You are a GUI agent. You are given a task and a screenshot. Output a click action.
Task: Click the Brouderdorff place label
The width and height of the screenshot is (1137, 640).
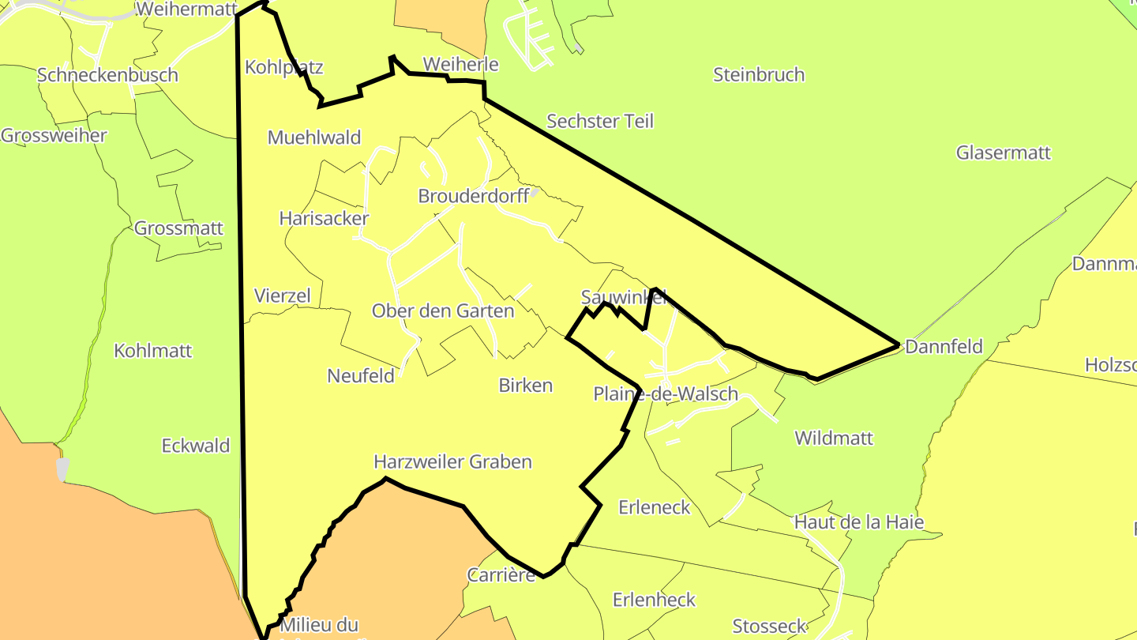[474, 196]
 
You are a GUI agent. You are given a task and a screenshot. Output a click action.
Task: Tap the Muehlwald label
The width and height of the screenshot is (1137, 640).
[314, 137]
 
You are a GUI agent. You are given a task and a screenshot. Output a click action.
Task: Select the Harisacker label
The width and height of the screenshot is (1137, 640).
[324, 219]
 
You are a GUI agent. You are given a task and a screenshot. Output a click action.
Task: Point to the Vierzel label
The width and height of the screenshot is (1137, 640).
[283, 296]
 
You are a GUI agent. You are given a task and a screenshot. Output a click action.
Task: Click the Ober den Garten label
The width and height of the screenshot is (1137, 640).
[443, 311]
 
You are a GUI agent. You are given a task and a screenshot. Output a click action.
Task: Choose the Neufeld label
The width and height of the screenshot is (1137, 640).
[361, 376]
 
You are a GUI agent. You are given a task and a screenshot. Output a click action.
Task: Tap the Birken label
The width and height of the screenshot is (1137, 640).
[526, 386]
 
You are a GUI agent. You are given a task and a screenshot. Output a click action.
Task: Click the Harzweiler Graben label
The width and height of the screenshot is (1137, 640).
[452, 462]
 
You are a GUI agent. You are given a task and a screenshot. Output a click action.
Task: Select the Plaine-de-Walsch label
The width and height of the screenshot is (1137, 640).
[666, 394]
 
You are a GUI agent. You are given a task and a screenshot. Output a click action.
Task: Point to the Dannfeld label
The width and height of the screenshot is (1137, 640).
[944, 347]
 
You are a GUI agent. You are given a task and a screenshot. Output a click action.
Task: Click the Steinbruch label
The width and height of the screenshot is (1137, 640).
[759, 75]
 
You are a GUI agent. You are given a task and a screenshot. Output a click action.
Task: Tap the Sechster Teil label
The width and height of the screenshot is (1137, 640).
[600, 122]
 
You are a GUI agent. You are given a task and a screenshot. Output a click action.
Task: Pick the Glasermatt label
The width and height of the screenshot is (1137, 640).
[1004, 152]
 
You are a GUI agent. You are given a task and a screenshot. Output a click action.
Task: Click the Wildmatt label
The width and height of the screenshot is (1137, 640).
[834, 439]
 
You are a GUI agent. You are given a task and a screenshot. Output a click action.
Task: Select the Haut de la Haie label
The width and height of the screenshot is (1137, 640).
[859, 522]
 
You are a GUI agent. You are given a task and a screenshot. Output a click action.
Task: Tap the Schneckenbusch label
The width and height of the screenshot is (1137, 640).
[107, 76]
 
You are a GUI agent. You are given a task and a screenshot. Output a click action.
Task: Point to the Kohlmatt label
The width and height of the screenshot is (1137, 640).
[153, 351]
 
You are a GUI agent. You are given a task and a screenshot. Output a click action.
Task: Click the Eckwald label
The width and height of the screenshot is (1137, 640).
[196, 446]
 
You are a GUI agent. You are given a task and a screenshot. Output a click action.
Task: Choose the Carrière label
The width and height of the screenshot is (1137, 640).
[501, 575]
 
